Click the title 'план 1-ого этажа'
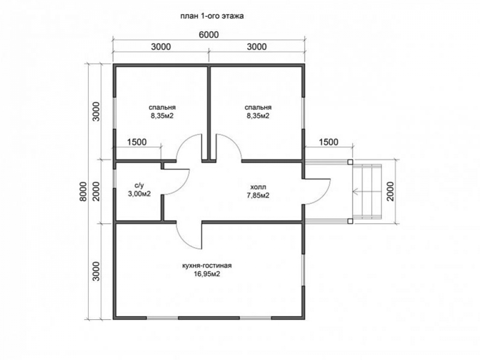pos(212,16)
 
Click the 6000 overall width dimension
pos(209,35)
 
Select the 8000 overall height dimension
pos(83,192)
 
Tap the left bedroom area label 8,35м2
pos(162,116)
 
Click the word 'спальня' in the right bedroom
pos(258,108)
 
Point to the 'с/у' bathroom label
pos(139,185)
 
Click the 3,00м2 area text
pos(139,194)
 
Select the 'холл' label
pos(258,187)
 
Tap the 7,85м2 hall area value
pos(258,195)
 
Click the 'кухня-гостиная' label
pos(207,265)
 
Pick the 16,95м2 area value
pos(207,274)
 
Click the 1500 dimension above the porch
pos(328,142)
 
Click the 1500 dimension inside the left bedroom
pos(137,142)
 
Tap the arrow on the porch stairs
pos(367,192)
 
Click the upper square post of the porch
pos(350,162)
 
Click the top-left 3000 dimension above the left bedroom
pos(161,47)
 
